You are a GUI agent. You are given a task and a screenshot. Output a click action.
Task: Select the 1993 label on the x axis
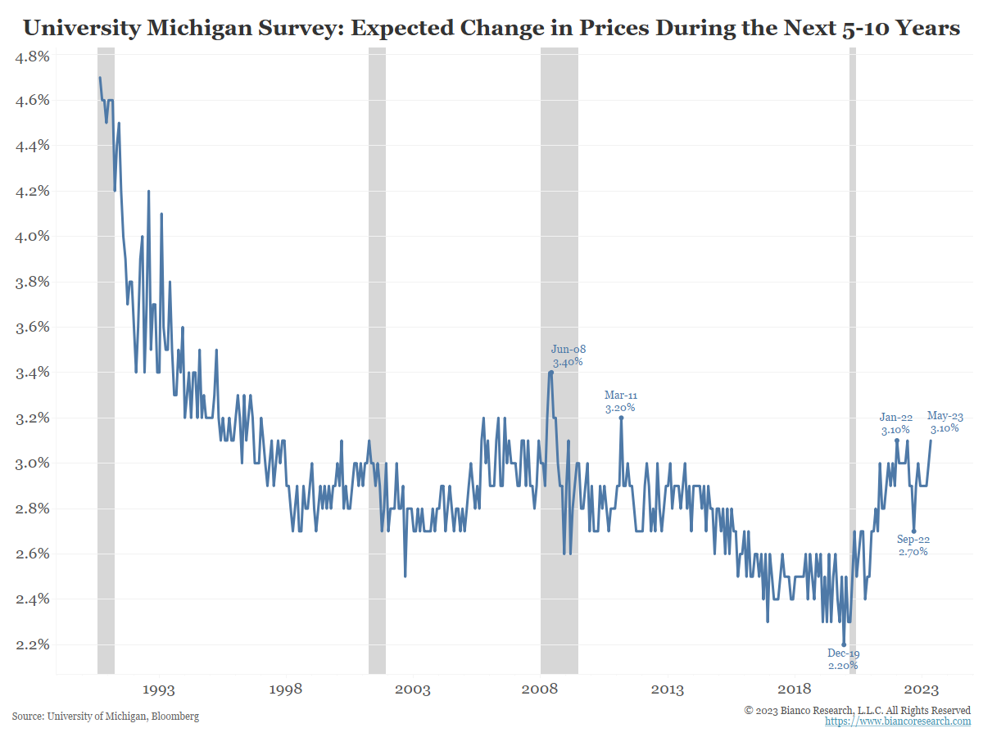click(x=158, y=690)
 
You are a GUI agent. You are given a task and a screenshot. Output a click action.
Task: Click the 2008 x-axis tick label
click(x=541, y=690)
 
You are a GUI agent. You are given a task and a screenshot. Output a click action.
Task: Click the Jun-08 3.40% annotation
click(x=569, y=355)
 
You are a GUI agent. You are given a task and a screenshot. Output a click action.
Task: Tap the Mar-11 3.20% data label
click(x=620, y=400)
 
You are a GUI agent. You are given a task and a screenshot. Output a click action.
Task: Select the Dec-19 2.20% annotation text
click(x=843, y=659)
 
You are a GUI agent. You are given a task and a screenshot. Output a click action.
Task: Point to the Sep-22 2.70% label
click(x=913, y=545)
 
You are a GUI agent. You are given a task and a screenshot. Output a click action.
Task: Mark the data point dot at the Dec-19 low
click(x=844, y=644)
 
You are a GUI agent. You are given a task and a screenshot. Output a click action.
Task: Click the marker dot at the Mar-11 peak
click(x=621, y=418)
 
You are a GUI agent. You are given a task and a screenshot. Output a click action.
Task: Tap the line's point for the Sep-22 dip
click(x=913, y=531)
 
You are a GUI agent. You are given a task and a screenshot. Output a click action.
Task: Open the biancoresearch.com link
click(x=897, y=721)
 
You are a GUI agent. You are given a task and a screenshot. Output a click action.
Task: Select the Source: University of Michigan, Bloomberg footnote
click(x=106, y=717)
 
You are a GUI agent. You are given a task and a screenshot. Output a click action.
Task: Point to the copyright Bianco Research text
click(x=858, y=710)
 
